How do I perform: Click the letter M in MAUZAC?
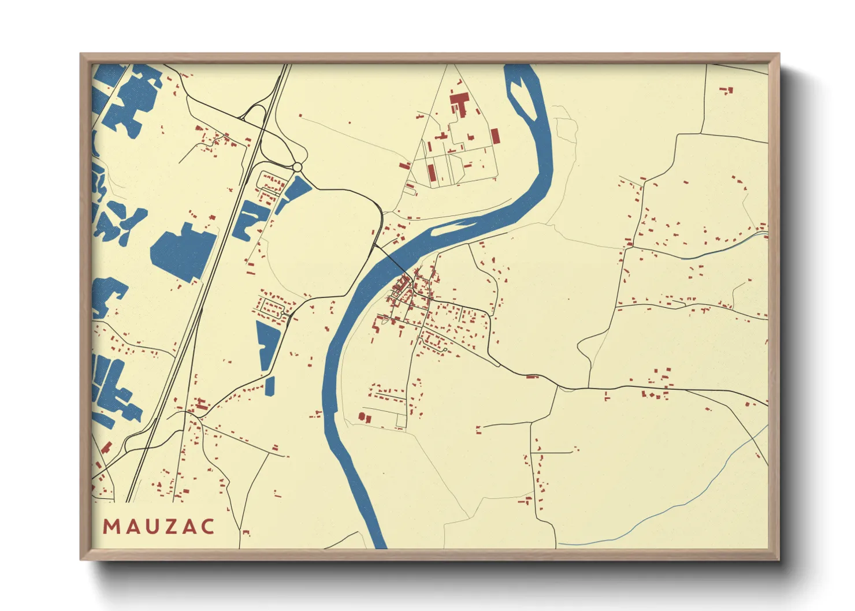[110, 527]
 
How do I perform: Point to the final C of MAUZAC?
[208, 527]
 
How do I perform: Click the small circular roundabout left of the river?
[297, 167]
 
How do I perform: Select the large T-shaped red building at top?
[459, 104]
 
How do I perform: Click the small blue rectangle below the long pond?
[270, 386]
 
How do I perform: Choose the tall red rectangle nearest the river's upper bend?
[495, 136]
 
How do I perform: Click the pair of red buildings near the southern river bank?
[364, 417]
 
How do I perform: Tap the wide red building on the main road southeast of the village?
[532, 377]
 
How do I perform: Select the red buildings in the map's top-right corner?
[727, 90]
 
